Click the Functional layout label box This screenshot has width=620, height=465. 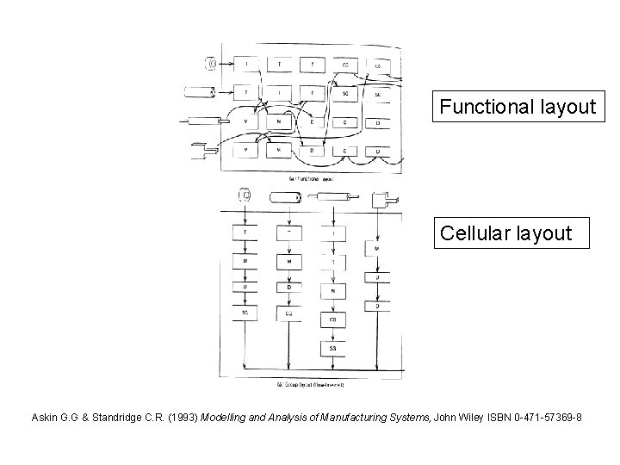pos(516,107)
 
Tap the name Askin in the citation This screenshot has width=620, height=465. pos(46,418)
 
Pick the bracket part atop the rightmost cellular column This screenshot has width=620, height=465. pos(379,200)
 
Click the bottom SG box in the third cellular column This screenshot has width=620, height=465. pos(333,348)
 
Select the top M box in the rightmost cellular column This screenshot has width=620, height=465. pos(377,248)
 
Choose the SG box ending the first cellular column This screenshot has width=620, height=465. pos(245,313)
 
